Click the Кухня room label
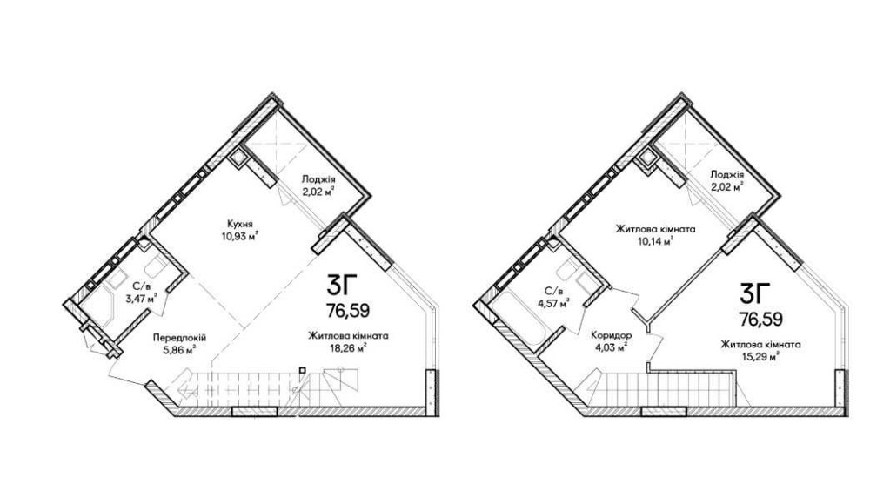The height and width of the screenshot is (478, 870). coord(240,225)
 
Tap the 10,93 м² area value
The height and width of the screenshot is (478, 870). coord(240,236)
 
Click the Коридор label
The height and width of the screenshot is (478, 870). coord(611,335)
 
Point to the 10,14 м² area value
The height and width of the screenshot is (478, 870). coord(654,240)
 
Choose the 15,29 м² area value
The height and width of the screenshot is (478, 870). coord(760,356)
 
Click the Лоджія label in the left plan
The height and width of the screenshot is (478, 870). coord(318,179)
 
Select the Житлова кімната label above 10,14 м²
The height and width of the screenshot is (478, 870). coord(654,229)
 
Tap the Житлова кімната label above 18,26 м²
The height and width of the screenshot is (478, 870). coord(349,336)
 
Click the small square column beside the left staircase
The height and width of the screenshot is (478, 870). coord(302,370)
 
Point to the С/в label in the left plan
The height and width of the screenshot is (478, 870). coord(141,287)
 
